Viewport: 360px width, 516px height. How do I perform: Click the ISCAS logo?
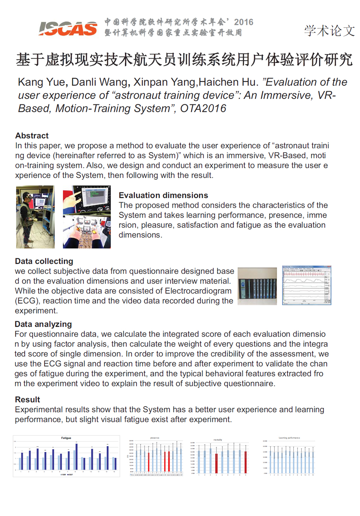68,28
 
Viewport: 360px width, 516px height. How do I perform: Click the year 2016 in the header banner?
244,22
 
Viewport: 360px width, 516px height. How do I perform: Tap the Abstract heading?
32,136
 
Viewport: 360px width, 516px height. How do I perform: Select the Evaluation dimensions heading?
163,195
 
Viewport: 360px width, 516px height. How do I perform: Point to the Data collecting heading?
44,261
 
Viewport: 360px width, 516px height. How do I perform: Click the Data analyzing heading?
43,324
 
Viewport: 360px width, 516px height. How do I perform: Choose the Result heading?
27,400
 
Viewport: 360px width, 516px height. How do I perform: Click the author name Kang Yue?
41,82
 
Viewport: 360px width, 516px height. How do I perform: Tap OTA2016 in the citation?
203,108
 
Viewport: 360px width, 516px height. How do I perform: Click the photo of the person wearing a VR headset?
35,217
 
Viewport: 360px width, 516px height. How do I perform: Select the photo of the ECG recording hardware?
257,286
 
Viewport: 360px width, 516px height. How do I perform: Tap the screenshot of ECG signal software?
306,285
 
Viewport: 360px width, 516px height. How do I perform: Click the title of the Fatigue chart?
66,438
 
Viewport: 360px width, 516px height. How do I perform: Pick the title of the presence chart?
155,438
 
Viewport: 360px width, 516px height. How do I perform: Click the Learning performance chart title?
289,438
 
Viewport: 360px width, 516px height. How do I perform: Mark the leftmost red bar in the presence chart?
149,462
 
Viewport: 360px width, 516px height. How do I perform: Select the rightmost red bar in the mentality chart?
246,462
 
